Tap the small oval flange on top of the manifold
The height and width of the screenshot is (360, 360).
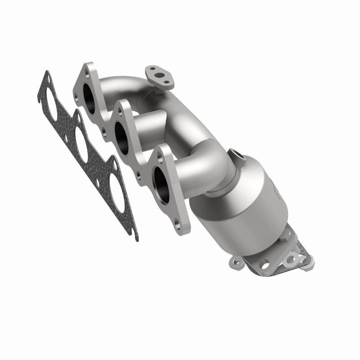160,76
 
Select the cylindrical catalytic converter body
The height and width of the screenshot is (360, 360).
243,198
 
